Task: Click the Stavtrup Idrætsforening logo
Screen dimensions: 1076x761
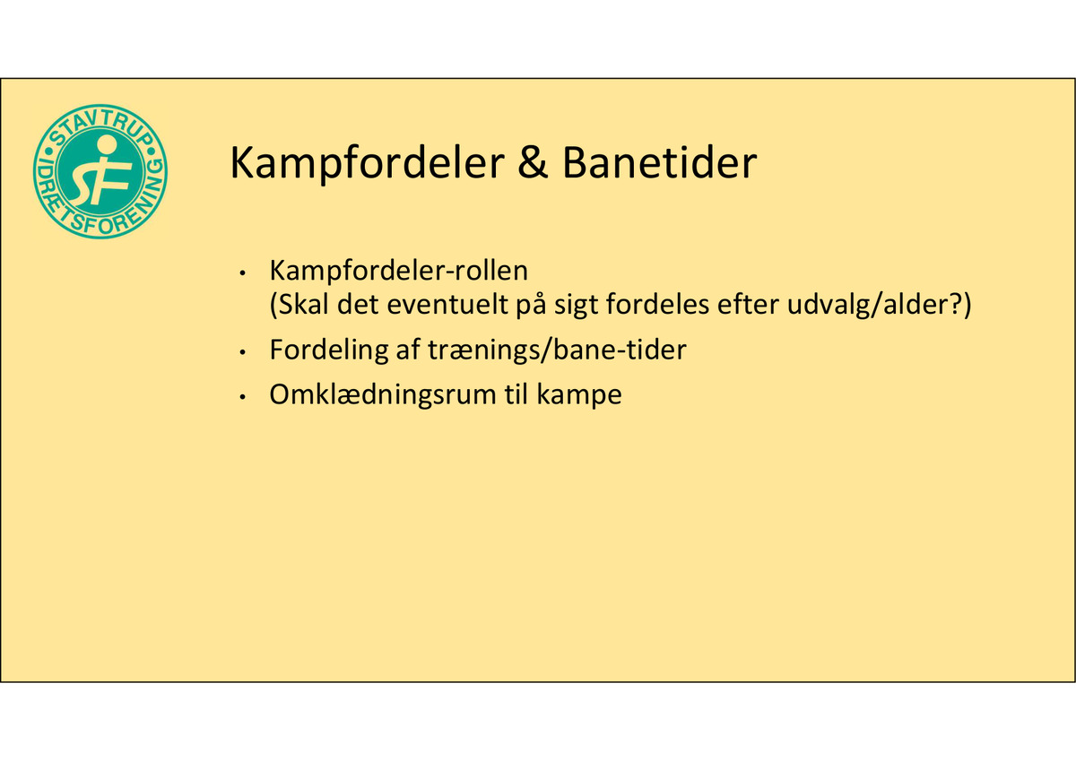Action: click(x=100, y=171)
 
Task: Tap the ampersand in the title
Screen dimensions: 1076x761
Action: click(x=533, y=162)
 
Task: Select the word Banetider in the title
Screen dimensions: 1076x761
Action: click(x=660, y=162)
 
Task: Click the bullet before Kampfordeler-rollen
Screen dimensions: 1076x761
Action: click(x=243, y=273)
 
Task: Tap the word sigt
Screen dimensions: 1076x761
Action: click(x=576, y=307)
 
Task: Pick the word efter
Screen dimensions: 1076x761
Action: click(x=748, y=304)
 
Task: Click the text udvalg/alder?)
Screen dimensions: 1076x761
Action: click(x=879, y=305)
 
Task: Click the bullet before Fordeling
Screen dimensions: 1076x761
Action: click(x=243, y=353)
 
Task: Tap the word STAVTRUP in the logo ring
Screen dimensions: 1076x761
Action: click(x=100, y=125)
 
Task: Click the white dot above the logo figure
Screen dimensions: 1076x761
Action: click(x=106, y=143)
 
